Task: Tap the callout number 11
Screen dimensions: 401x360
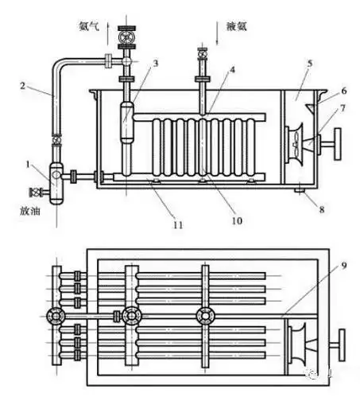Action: coord(177,226)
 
